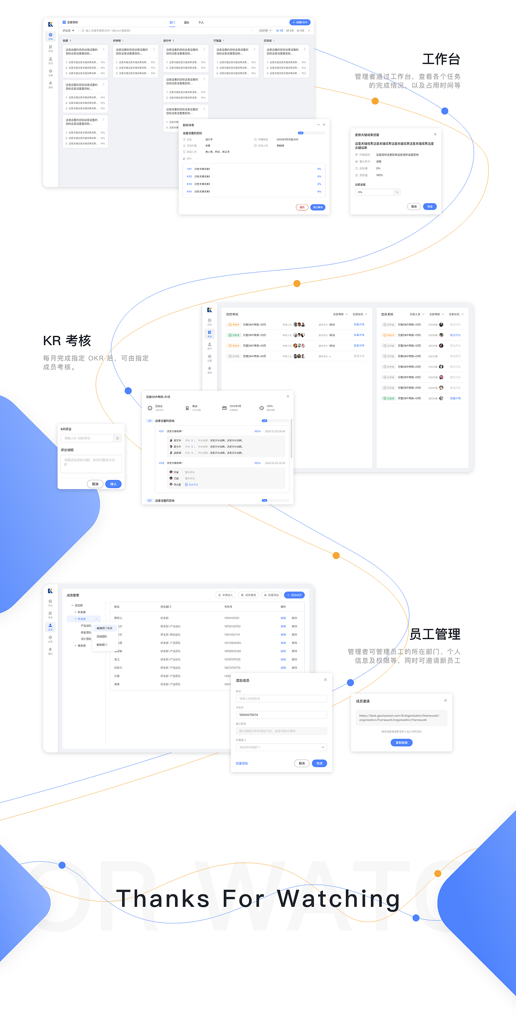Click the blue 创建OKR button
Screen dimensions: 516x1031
[x=300, y=23]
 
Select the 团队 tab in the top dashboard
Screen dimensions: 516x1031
[x=187, y=23]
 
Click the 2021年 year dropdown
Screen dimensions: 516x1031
[x=265, y=31]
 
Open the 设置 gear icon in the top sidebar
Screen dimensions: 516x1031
[x=50, y=71]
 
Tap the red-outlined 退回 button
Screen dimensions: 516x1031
[x=302, y=207]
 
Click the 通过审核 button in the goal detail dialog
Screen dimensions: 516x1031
[x=318, y=207]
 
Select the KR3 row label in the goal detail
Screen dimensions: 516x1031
[x=189, y=184]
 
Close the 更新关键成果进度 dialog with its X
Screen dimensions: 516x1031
[x=435, y=134]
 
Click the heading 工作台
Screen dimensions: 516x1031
[x=441, y=59]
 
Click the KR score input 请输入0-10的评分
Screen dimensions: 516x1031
[x=87, y=438]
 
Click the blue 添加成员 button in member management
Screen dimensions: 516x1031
[x=294, y=595]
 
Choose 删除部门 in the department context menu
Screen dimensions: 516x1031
[x=102, y=645]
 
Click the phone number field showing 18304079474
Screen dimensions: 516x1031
[x=281, y=715]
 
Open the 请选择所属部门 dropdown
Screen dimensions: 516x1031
[x=281, y=747]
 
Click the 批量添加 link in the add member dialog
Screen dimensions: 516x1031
[x=242, y=763]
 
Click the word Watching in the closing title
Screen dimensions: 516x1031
[x=338, y=899]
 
